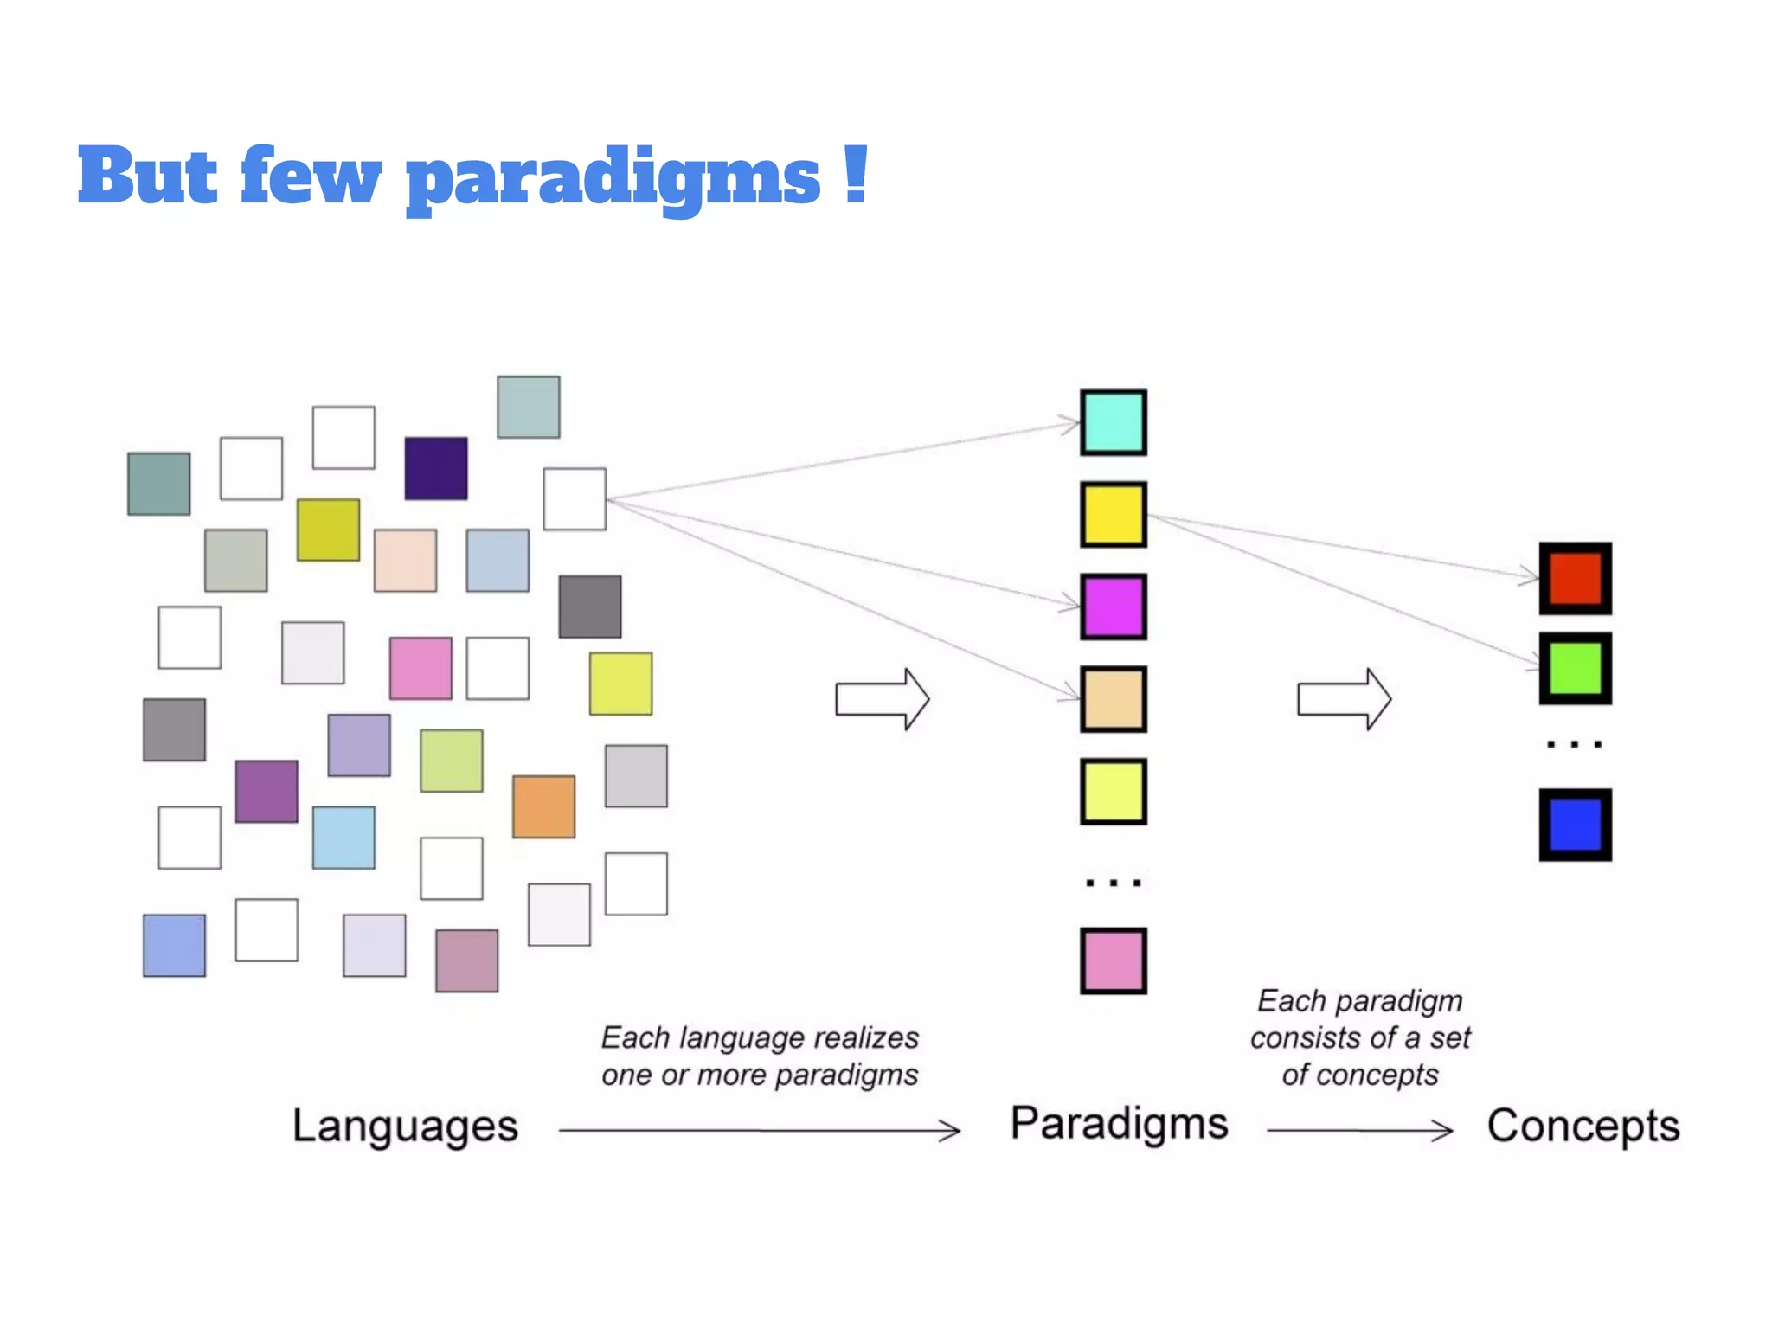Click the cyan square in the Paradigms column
pyautogui.click(x=1113, y=422)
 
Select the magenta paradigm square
pyautogui.click(x=1113, y=607)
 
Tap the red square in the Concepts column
pyautogui.click(x=1575, y=578)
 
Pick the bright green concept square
pyautogui.click(x=1575, y=668)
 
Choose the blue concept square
pyautogui.click(x=1575, y=824)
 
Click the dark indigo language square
pyautogui.click(x=436, y=468)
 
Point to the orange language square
pyautogui.click(x=543, y=806)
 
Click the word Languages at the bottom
pyautogui.click(x=405, y=1127)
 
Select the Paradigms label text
pyautogui.click(x=1119, y=1124)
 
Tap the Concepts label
pyautogui.click(x=1583, y=1127)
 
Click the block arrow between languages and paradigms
pyautogui.click(x=882, y=698)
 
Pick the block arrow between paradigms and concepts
pyautogui.click(x=1344, y=698)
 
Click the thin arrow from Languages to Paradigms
pyautogui.click(x=760, y=1130)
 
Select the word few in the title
pyautogui.click(x=311, y=177)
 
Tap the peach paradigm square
pyautogui.click(x=1113, y=699)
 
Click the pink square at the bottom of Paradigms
pyautogui.click(x=1113, y=960)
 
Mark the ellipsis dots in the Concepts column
pyautogui.click(x=1574, y=744)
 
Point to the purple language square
pyautogui.click(x=266, y=791)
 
